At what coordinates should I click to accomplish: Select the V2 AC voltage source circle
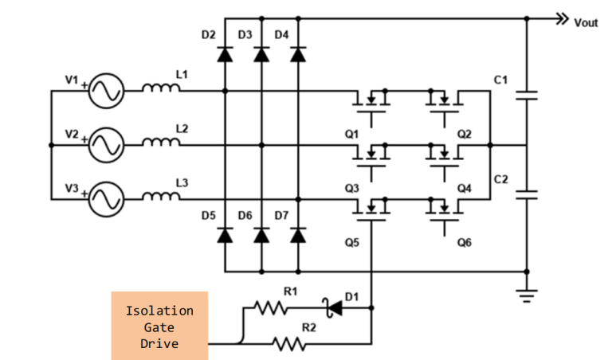105,145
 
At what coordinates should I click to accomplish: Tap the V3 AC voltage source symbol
105,199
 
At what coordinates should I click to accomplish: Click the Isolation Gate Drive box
159,327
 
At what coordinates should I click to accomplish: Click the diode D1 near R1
329,307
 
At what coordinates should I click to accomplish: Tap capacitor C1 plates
527,96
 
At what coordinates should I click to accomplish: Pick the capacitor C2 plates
527,194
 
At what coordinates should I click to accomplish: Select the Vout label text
586,23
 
